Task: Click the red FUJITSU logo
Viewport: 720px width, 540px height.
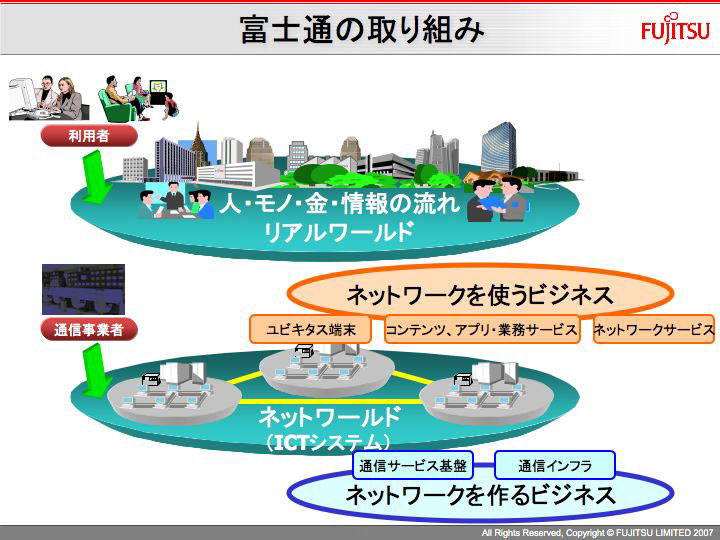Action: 675,29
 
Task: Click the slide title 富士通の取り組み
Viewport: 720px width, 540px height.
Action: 362,30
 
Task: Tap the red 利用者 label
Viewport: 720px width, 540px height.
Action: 89,136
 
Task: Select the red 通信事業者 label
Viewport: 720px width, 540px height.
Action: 89,330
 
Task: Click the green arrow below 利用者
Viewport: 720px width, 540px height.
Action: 96,177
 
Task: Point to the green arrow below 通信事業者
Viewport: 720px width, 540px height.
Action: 96,371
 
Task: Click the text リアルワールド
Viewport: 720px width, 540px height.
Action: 338,232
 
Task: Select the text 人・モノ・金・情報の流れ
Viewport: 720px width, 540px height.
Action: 339,203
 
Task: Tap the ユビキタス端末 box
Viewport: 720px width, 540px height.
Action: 310,329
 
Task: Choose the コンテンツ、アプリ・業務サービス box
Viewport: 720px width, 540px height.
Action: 482,329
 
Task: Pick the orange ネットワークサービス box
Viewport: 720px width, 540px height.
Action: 654,329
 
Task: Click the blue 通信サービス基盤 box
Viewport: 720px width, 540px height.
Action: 413,465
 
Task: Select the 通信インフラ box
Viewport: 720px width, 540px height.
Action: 555,465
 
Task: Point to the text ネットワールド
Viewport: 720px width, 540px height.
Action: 330,417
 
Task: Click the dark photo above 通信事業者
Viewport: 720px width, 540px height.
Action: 83,289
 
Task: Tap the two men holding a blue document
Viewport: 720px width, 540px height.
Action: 497,200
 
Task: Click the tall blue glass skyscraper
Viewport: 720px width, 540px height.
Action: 498,147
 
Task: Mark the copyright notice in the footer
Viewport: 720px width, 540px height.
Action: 597,533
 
